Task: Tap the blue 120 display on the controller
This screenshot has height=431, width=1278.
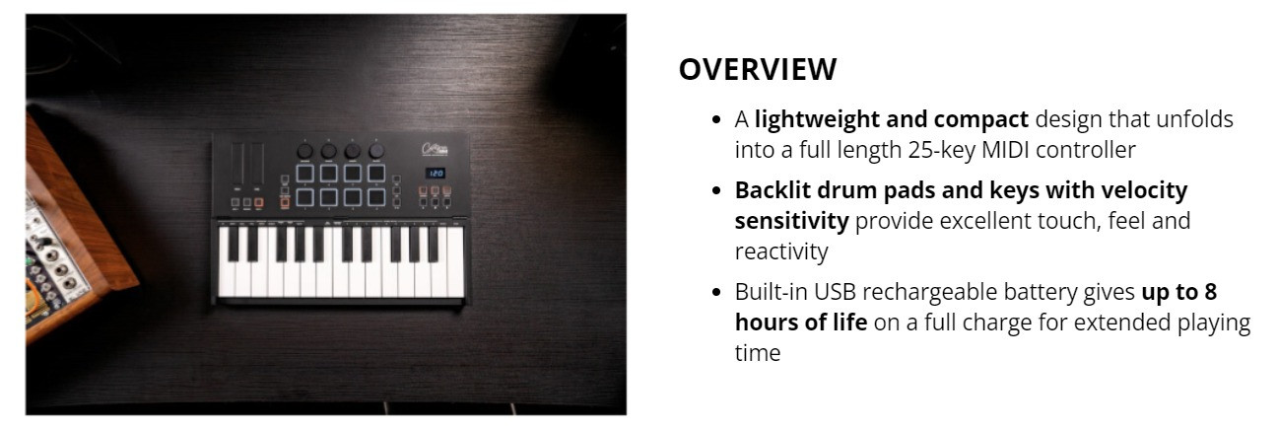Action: [x=436, y=173]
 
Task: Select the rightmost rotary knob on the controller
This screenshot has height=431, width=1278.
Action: [x=375, y=151]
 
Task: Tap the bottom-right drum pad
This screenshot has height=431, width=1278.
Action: [x=377, y=197]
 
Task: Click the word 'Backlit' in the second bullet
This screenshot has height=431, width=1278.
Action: [x=768, y=189]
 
